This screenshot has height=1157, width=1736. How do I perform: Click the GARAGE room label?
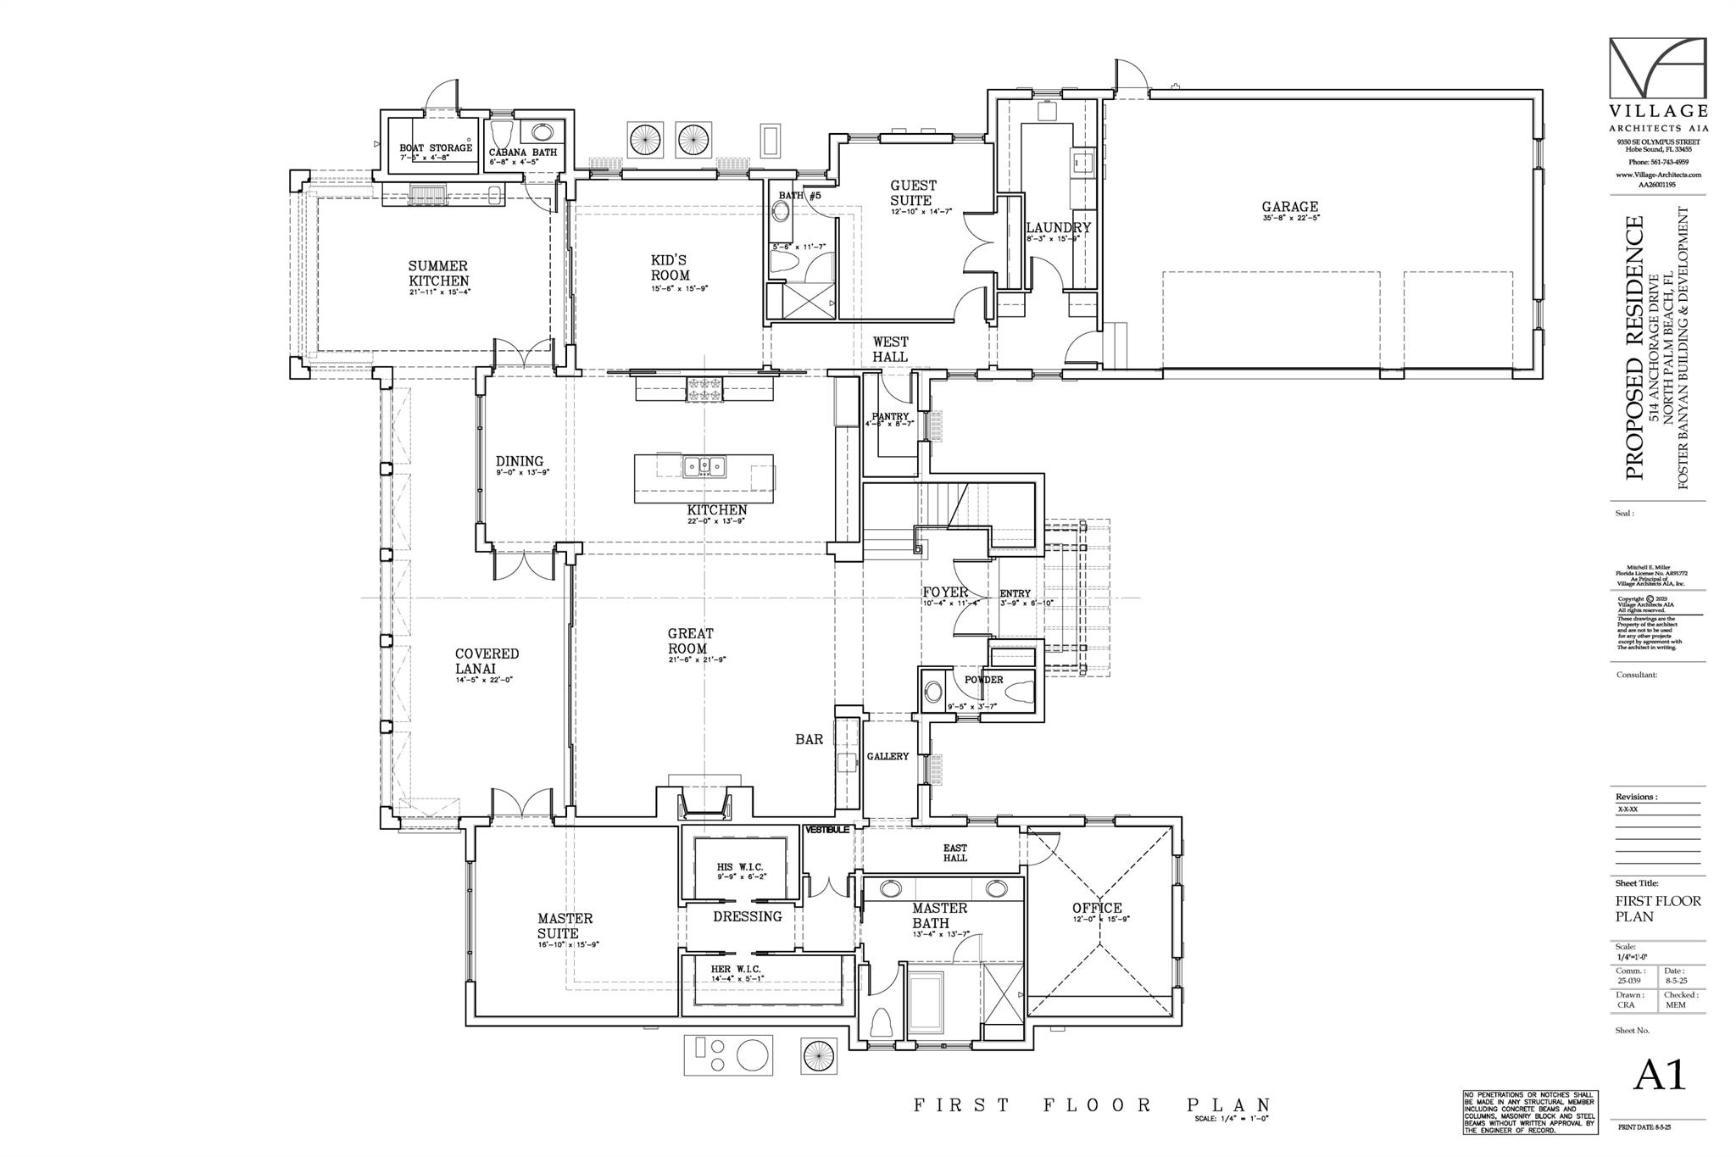1289,206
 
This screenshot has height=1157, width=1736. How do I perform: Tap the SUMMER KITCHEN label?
438,273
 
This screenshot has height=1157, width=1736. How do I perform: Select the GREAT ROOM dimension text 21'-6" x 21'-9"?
698,659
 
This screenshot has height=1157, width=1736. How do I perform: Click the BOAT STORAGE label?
436,148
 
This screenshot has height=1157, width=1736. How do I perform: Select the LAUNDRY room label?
1058,227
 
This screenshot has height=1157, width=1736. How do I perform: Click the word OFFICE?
1097,908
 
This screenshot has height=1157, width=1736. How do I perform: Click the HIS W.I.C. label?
740,867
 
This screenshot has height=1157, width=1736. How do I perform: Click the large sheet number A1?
1660,1075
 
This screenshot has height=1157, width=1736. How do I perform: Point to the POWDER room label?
983,680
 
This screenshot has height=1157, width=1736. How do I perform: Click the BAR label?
809,739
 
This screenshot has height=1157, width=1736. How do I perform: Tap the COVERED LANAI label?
487,660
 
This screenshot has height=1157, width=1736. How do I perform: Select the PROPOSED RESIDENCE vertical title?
1634,348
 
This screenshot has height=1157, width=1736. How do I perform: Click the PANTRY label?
890,416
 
